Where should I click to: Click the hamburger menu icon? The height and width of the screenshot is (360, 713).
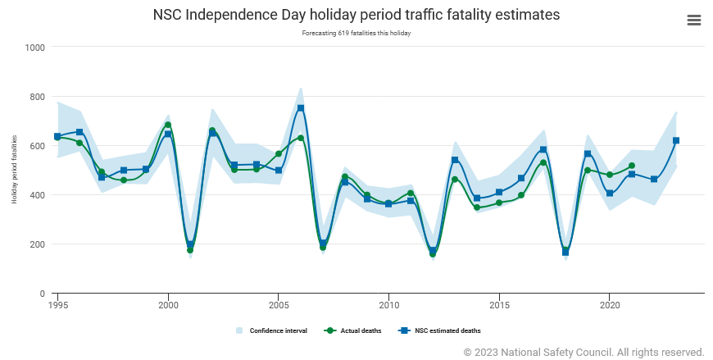pyautogui.click(x=693, y=21)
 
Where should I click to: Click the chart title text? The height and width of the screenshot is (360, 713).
pyautogui.click(x=356, y=16)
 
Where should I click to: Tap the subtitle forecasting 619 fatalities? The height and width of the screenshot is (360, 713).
pyautogui.click(x=356, y=34)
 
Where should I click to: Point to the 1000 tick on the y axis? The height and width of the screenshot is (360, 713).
pyautogui.click(x=35, y=48)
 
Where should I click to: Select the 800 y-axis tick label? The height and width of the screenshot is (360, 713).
pyautogui.click(x=38, y=97)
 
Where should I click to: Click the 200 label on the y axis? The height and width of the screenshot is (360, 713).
pyautogui.click(x=38, y=244)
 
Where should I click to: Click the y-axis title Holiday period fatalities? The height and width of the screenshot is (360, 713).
pyautogui.click(x=14, y=170)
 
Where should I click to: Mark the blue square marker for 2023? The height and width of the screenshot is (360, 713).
pyautogui.click(x=676, y=140)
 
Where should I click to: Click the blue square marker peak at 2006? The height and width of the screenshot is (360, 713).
pyautogui.click(x=301, y=108)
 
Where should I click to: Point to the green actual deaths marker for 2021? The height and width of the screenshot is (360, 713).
pyautogui.click(x=632, y=166)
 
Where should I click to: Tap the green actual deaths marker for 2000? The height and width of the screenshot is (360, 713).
pyautogui.click(x=168, y=125)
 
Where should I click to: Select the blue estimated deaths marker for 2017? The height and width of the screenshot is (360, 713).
pyautogui.click(x=543, y=149)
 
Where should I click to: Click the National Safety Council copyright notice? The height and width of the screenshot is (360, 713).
pyautogui.click(x=584, y=352)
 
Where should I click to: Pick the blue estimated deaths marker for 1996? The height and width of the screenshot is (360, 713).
pyautogui.click(x=79, y=132)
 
